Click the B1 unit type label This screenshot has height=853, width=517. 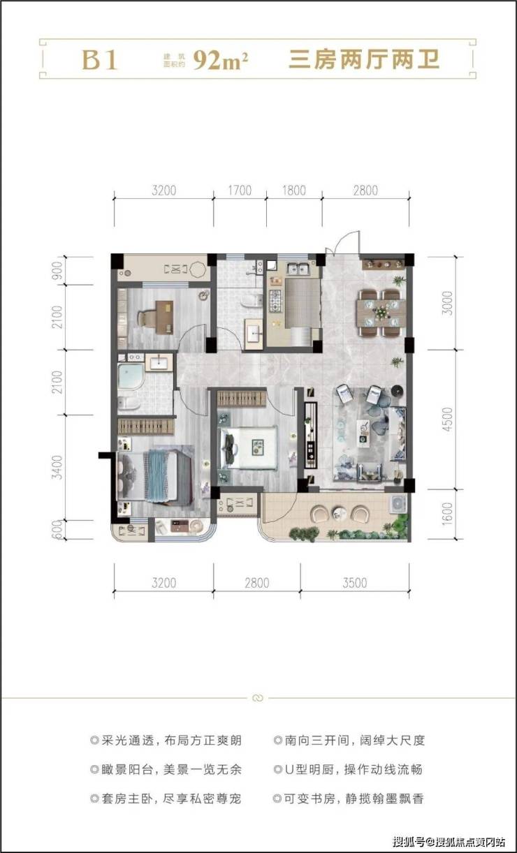[x=99, y=60]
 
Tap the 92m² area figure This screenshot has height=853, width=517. [x=220, y=60]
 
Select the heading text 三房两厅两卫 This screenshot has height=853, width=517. [x=364, y=60]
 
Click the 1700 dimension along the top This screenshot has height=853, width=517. [x=240, y=190]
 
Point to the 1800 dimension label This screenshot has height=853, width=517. [x=294, y=190]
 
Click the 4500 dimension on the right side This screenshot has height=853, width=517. [x=447, y=420]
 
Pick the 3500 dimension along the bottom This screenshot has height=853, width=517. [x=355, y=583]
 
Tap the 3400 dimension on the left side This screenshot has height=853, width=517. [x=57, y=467]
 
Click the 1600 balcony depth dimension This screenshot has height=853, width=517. [x=447, y=514]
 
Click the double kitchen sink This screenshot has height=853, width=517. [x=298, y=269]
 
